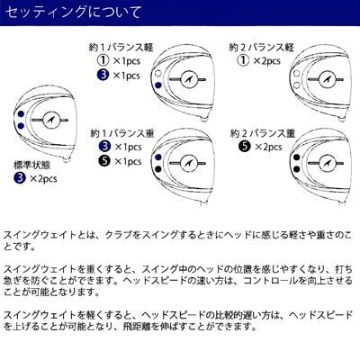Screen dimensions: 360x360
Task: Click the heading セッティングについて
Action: pyautogui.click(x=73, y=13)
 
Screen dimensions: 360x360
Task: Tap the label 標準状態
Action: pyautogui.click(x=32, y=166)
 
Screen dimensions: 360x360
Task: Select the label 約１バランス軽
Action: pyautogui.click(x=121, y=48)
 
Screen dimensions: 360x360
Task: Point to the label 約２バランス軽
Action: pyautogui.click(x=261, y=48)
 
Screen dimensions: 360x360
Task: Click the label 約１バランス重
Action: pyautogui.click(x=122, y=133)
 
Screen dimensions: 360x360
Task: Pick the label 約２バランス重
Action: pyautogui.click(x=263, y=133)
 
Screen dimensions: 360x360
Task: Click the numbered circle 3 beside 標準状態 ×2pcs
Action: pyautogui.click(x=20, y=178)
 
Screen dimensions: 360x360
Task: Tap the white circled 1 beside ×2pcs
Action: pyautogui.click(x=243, y=60)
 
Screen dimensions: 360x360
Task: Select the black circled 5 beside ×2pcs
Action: pyautogui.click(x=245, y=147)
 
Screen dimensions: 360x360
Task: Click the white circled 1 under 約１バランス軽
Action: pyautogui.click(x=103, y=60)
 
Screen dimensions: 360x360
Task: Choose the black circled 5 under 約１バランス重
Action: pyautogui.click(x=104, y=161)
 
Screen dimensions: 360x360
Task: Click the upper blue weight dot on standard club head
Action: pyautogui.click(x=21, y=113)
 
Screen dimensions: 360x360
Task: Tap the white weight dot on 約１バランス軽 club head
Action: pyautogui.click(x=158, y=73)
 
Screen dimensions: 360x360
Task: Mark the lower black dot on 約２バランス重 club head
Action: pyautogui.click(x=297, y=169)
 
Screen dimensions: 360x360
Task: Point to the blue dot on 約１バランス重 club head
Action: pyautogui.click(x=158, y=157)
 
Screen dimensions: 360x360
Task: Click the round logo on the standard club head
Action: pyautogui.click(x=50, y=120)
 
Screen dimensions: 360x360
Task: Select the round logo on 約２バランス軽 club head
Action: pyautogui.click(x=327, y=80)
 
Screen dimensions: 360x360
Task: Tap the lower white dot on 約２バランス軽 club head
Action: pyautogui.click(x=297, y=85)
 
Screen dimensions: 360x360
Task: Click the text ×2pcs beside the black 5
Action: pyautogui.click(x=268, y=147)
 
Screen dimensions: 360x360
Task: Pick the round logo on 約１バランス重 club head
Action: pyautogui.click(x=189, y=164)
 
